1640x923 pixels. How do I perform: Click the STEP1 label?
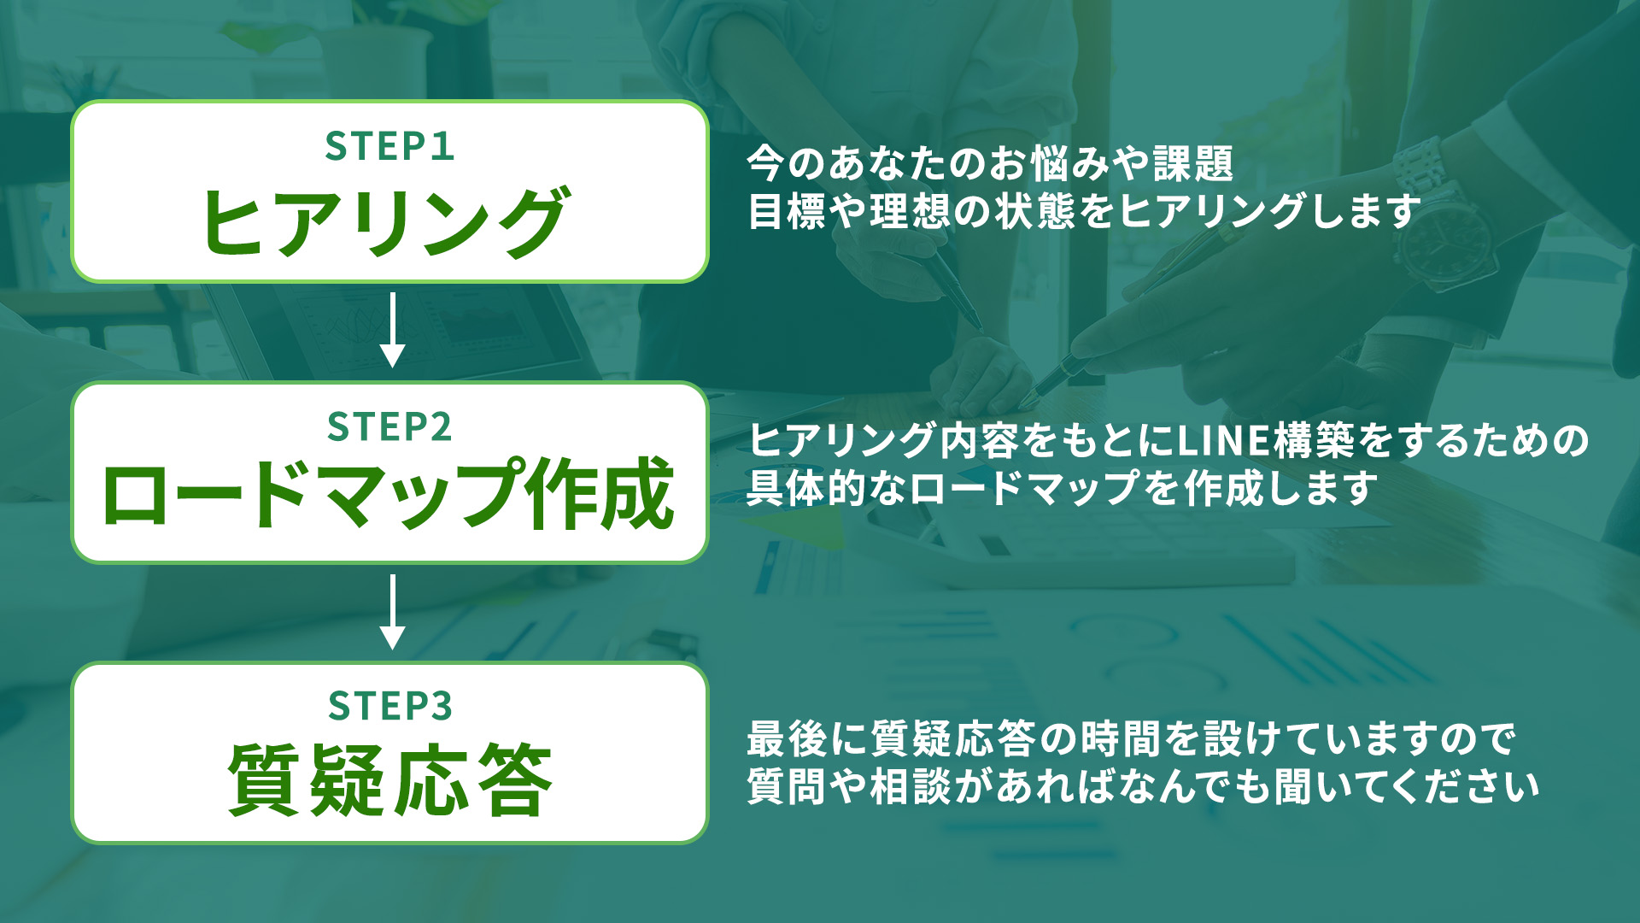389,146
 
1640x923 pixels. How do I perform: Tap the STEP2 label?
389,426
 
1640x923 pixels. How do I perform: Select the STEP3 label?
390,706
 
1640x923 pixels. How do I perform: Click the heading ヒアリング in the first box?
385,221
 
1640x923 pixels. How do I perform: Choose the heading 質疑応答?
390,779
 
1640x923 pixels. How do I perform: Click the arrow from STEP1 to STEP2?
392,330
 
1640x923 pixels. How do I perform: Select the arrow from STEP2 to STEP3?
392,611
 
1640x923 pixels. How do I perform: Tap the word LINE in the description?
1224,441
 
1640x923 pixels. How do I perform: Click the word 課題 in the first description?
1193,163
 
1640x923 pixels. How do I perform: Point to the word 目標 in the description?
787,211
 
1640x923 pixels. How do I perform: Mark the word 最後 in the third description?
787,739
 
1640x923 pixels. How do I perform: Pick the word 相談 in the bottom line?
910,787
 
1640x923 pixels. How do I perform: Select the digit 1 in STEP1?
442,147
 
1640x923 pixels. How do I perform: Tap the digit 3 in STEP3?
441,707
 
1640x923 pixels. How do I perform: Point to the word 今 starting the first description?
766,163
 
